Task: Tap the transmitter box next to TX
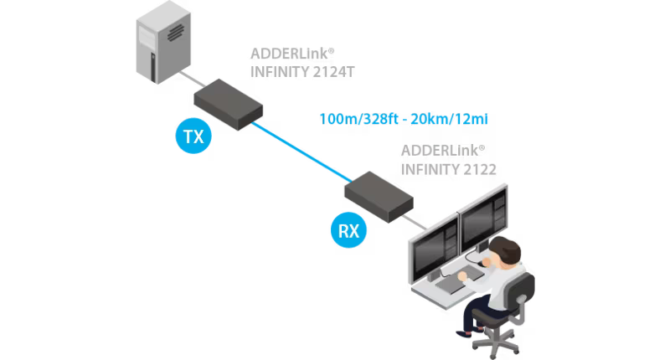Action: click(229, 103)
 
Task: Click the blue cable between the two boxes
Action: click(301, 150)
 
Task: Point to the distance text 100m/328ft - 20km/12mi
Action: click(404, 119)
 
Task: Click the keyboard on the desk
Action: click(456, 285)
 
